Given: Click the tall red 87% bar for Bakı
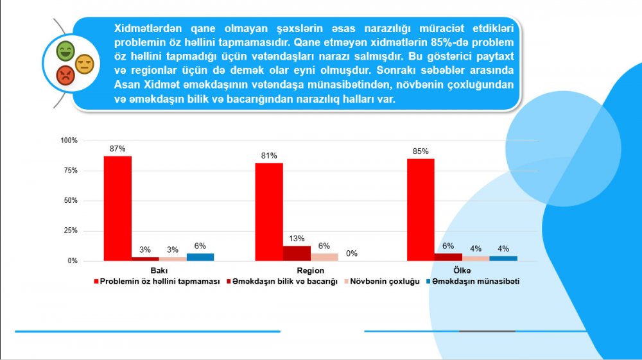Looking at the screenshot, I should coord(117,208).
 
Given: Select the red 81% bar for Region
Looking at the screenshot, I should coord(269,212).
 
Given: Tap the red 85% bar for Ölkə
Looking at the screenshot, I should coord(421,209).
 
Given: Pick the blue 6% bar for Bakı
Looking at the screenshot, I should coord(200,257).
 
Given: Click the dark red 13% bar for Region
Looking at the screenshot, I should coord(297,253).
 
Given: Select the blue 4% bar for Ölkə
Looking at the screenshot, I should coord(503,259).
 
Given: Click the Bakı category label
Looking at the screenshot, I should coord(159,271).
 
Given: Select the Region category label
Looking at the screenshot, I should coord(311,271).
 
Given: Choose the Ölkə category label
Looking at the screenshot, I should coord(462,271).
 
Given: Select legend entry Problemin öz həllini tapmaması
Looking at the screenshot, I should coord(160,282).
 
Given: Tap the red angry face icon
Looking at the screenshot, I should coord(65,76).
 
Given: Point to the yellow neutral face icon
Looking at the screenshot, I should coord(84,64).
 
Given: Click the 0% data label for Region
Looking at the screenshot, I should coord(352,254).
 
